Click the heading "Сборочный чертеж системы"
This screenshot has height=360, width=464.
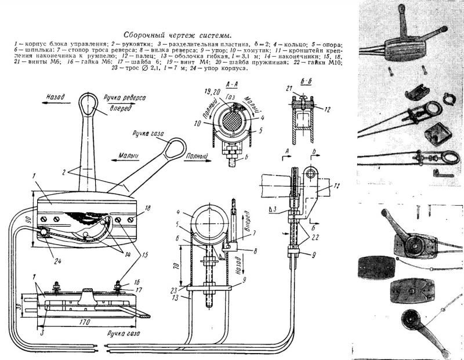(177, 35)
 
